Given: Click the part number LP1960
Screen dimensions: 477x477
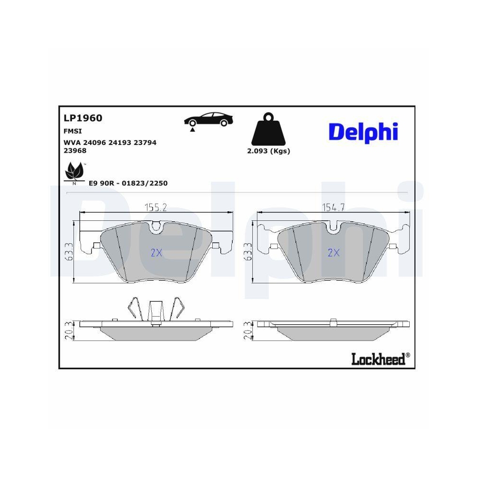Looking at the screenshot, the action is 83,118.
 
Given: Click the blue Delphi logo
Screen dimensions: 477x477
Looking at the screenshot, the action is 363,133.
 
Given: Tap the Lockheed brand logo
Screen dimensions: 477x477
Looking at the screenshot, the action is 380,359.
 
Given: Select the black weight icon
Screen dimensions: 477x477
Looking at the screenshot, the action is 268,129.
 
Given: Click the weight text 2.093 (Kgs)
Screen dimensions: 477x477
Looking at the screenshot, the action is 268,151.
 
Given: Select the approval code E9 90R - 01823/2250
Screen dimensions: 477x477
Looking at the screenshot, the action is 128,183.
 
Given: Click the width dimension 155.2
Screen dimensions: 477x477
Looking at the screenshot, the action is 156,207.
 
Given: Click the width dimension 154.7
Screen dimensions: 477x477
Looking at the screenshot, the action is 333,207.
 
